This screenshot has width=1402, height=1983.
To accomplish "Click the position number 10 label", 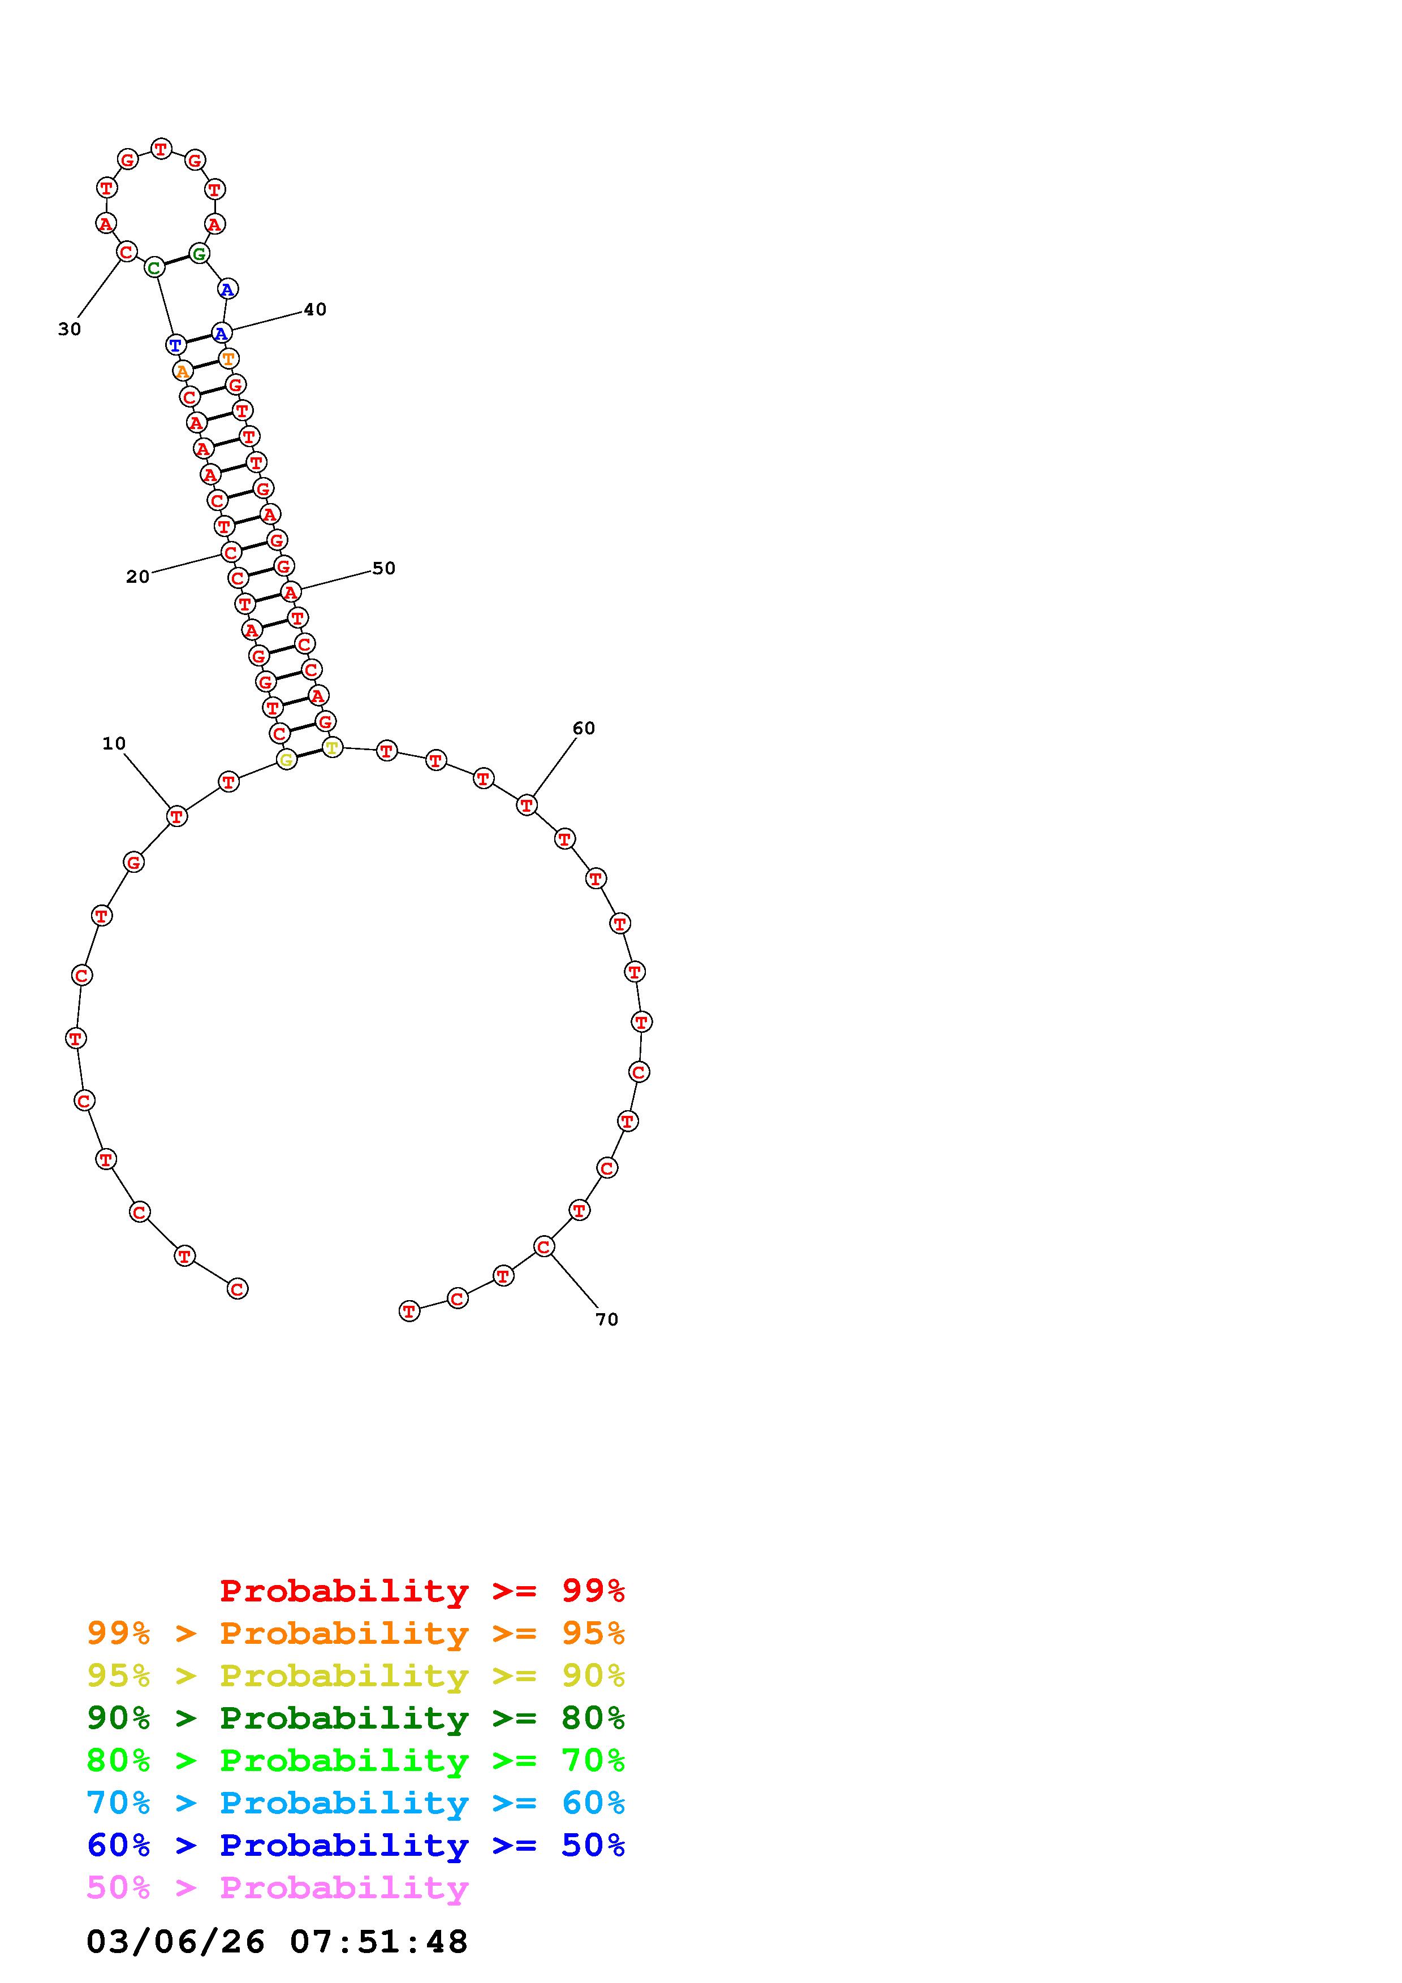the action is click(114, 744).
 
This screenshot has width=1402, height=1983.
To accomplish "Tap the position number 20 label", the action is click(138, 577).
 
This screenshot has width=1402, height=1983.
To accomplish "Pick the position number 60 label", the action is click(584, 728).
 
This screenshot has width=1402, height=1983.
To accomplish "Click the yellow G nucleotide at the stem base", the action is click(287, 759).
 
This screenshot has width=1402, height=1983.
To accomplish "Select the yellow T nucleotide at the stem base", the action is click(332, 747).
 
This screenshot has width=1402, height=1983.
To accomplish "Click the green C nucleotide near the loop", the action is click(154, 267).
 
